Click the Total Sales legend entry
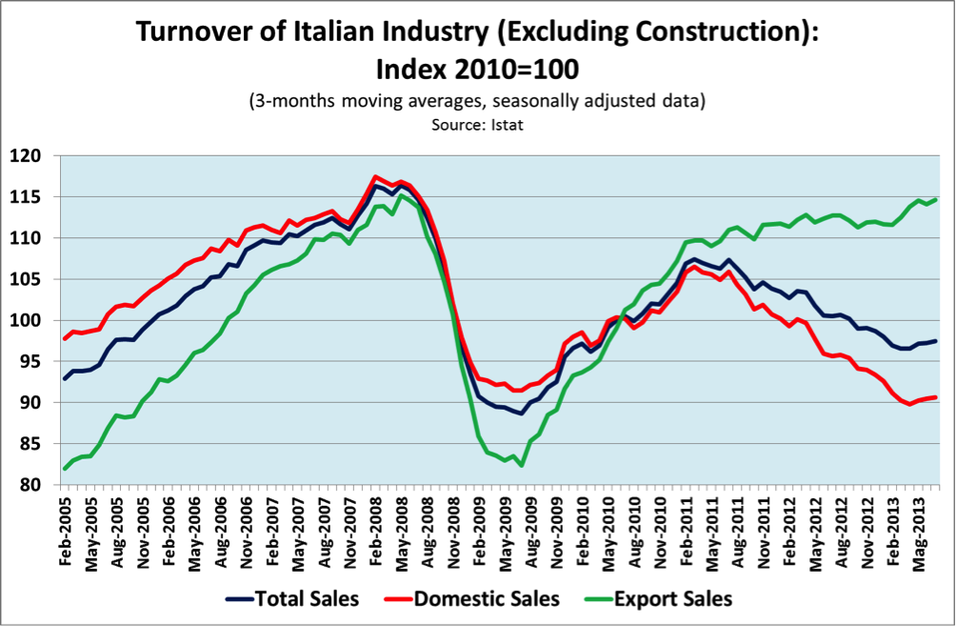point(293,599)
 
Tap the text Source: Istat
point(477,123)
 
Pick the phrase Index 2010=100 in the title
point(477,69)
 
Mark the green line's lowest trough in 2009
point(522,465)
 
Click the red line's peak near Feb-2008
point(375,176)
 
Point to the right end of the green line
point(936,199)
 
